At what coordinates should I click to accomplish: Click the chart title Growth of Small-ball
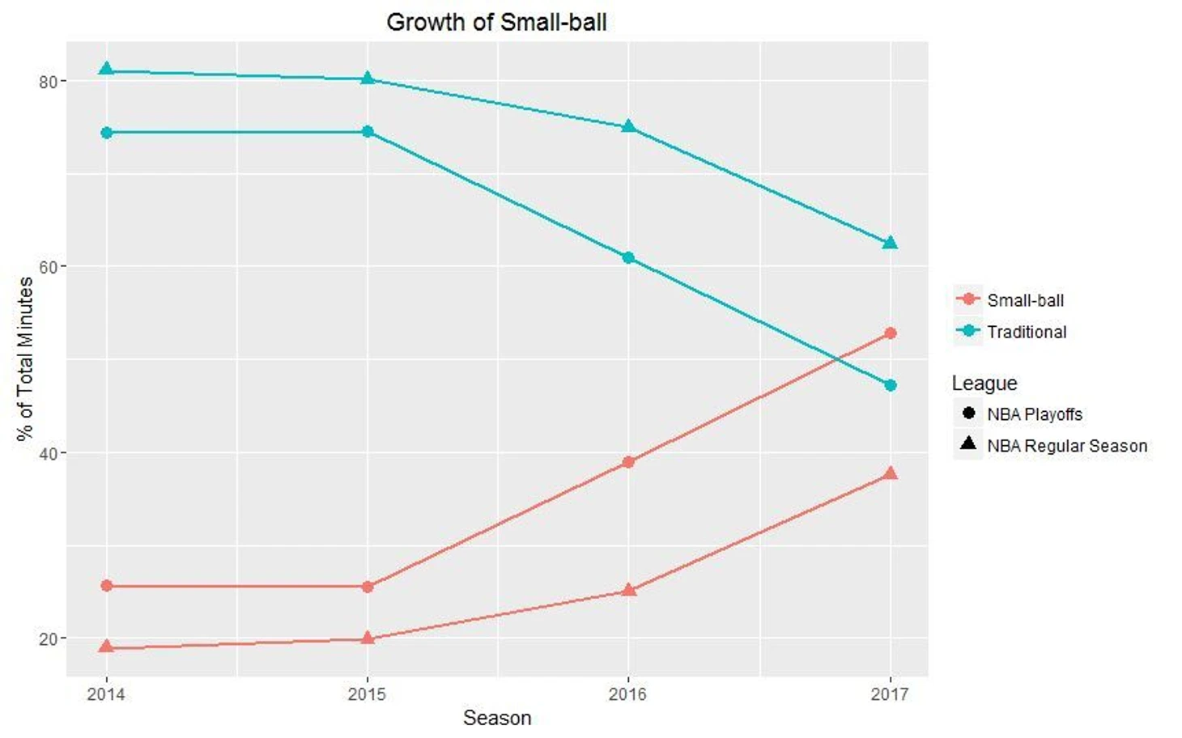pyautogui.click(x=496, y=22)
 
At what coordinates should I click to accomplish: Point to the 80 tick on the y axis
pyautogui.click(x=48, y=82)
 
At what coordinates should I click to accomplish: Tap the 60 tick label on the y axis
pyautogui.click(x=48, y=267)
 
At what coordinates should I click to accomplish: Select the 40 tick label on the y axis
pyautogui.click(x=48, y=453)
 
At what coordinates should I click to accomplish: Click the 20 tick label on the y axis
pyautogui.click(x=48, y=638)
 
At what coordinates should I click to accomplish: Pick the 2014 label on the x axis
pyautogui.click(x=106, y=694)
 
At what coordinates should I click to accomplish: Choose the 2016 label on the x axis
pyautogui.click(x=628, y=694)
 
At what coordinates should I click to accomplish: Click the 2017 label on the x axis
pyautogui.click(x=890, y=694)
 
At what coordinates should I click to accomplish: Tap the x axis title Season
pyautogui.click(x=496, y=718)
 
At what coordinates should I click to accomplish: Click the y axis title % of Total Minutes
pyautogui.click(x=25, y=359)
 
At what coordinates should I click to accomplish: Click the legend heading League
pyautogui.click(x=984, y=383)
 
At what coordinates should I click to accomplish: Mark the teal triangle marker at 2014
pyautogui.click(x=106, y=70)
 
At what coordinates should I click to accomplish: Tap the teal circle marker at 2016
pyautogui.click(x=628, y=258)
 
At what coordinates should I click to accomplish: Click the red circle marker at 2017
pyautogui.click(x=891, y=333)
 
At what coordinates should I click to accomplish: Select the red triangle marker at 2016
pyautogui.click(x=629, y=591)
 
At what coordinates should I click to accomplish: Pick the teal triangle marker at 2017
pyautogui.click(x=891, y=243)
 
